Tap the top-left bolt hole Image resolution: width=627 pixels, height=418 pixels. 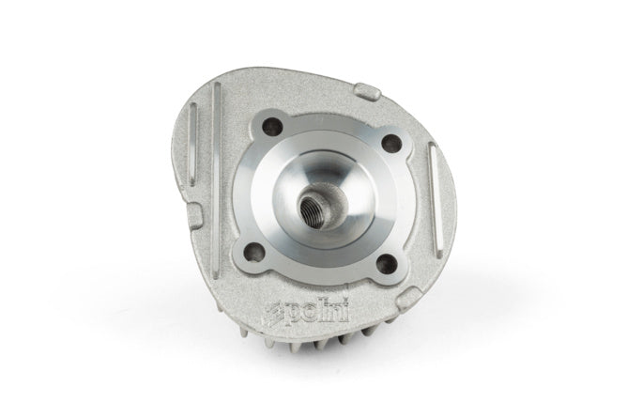(271, 127)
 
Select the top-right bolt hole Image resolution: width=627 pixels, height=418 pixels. (391, 142)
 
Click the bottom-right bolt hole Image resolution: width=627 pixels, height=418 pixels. (387, 262)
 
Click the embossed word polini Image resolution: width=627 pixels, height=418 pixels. (317, 312)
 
